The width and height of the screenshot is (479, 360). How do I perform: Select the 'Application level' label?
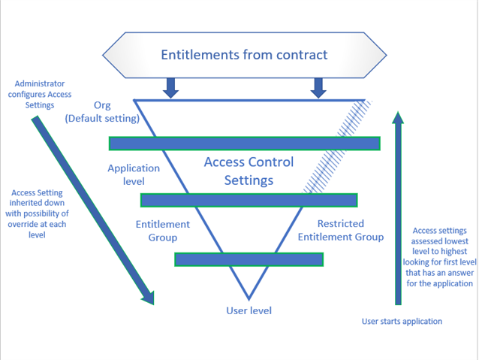[x=134, y=174]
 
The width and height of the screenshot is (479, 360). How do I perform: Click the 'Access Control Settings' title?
[x=249, y=171]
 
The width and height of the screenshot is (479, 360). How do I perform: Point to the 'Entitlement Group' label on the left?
[x=162, y=231]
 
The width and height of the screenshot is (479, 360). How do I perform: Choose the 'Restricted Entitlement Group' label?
[x=340, y=230]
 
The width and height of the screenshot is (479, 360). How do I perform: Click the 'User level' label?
[x=249, y=310]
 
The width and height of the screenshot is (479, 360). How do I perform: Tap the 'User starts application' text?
[x=402, y=321]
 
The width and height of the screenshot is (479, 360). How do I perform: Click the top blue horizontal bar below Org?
[x=244, y=144]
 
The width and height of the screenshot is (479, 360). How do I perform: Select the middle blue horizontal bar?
[x=249, y=200]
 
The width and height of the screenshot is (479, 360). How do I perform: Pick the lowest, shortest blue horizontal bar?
[x=249, y=259]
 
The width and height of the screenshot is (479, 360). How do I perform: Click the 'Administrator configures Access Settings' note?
[x=50, y=94]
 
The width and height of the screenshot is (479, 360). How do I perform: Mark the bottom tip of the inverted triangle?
[x=249, y=298]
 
